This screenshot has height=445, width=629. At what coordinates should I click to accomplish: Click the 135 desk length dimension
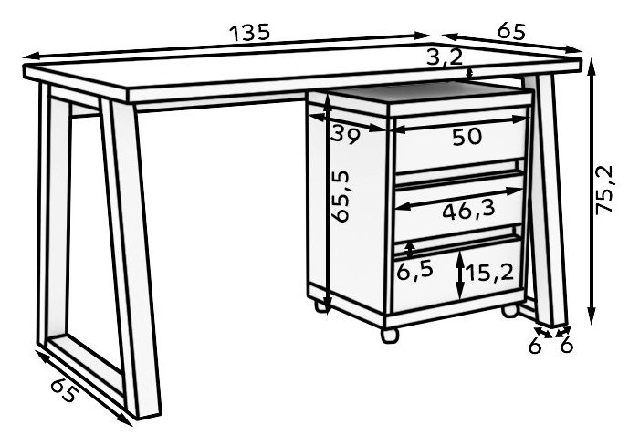(249, 33)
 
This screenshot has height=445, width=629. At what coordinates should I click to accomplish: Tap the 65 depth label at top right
(510, 31)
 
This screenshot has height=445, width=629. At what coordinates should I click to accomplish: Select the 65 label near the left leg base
(64, 389)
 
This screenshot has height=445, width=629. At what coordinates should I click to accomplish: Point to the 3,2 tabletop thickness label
(445, 57)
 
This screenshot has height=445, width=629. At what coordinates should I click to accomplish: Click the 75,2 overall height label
(604, 190)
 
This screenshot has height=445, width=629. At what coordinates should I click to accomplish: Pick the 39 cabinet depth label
(345, 135)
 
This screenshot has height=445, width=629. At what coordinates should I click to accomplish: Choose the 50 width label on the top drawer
(467, 137)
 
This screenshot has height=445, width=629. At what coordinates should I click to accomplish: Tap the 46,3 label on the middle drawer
(468, 211)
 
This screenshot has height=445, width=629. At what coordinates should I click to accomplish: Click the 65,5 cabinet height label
(341, 196)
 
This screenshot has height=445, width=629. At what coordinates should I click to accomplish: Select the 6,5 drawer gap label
(414, 271)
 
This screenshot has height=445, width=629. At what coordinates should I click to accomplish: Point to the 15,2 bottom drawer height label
(488, 274)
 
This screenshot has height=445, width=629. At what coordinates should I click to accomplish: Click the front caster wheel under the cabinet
(389, 335)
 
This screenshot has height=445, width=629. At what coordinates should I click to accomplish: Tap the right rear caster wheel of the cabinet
(510, 311)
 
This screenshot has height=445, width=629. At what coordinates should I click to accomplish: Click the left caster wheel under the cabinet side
(320, 306)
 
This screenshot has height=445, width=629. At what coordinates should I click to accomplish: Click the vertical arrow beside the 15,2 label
(460, 275)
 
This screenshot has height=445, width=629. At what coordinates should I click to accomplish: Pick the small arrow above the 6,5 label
(409, 249)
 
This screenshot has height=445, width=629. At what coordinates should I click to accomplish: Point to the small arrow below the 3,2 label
(470, 74)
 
